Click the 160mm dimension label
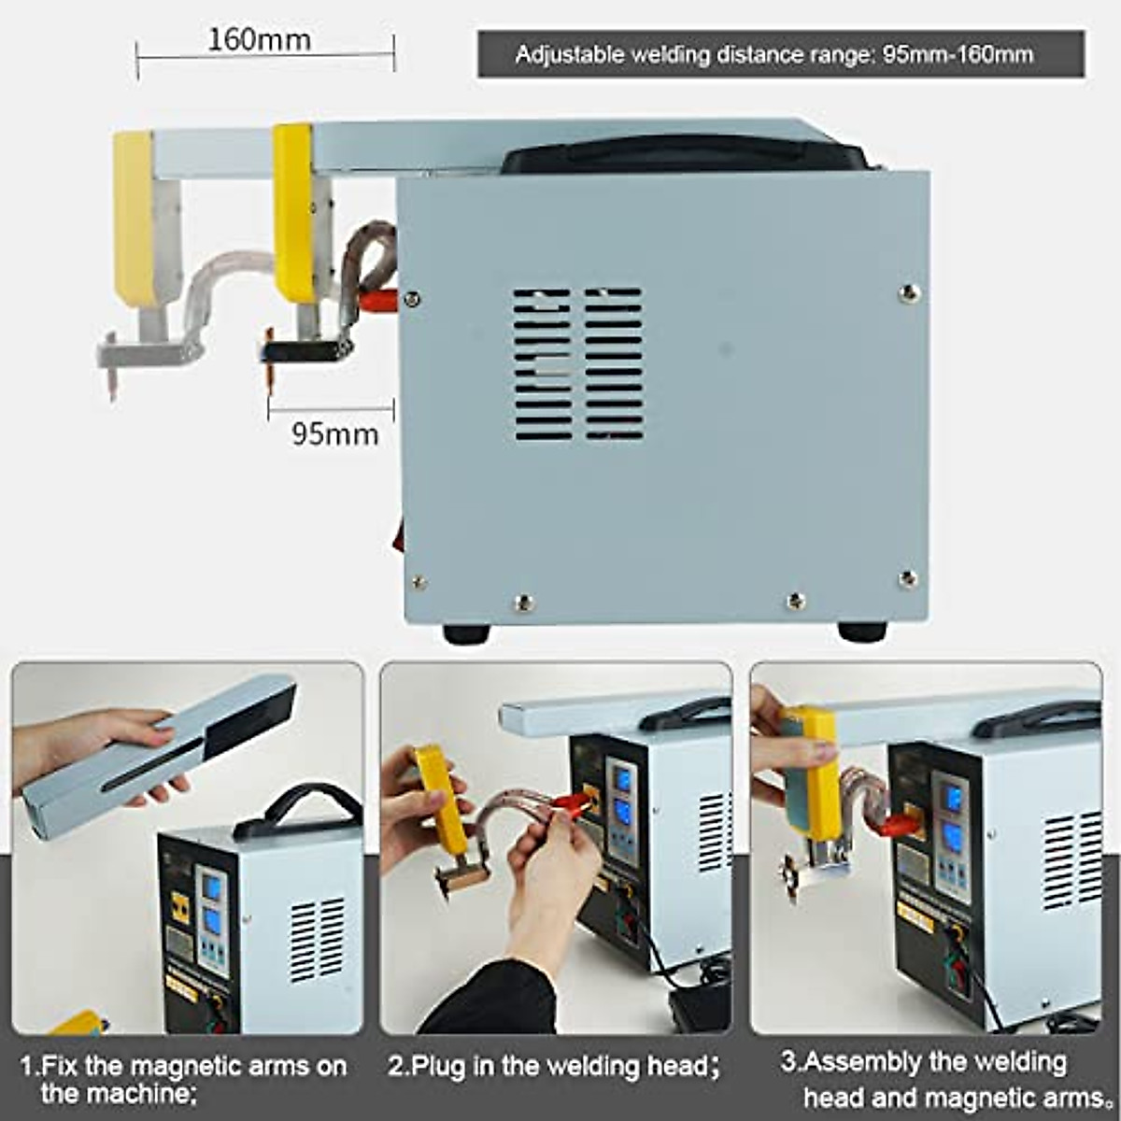[259, 40]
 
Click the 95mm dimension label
[334, 434]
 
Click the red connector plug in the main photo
[378, 300]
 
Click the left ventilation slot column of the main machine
[542, 364]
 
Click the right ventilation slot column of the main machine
[614, 364]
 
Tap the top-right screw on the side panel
[908, 293]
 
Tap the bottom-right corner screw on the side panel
[907, 579]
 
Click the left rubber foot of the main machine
[466, 633]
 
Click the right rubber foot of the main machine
[861, 631]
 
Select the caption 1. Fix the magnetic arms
[183, 1078]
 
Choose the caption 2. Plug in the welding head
[554, 1066]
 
